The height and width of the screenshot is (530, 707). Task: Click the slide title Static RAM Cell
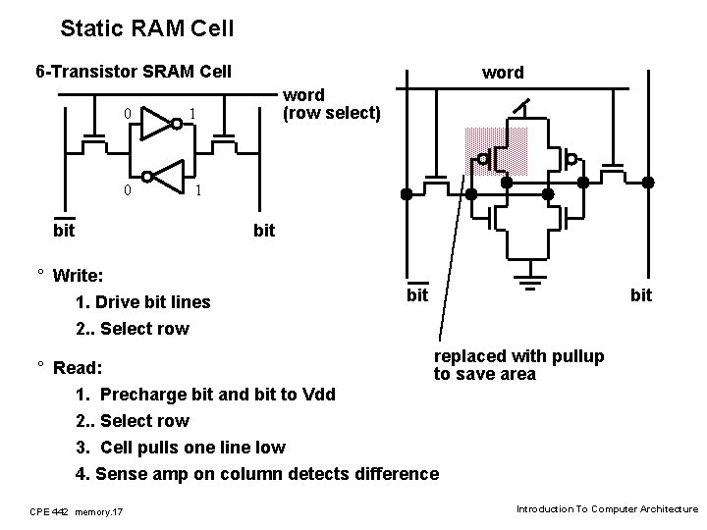click(146, 28)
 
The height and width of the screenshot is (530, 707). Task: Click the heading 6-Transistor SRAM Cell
click(134, 71)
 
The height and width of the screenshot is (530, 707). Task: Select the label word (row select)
click(331, 104)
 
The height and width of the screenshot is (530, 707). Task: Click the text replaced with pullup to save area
click(519, 364)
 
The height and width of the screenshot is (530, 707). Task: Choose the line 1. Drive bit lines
click(142, 301)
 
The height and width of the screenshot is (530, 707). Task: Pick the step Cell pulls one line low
click(181, 448)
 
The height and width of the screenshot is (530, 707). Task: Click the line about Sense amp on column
click(257, 474)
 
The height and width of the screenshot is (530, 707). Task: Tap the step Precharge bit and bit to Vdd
click(205, 395)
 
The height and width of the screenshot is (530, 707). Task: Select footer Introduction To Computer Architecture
click(606, 509)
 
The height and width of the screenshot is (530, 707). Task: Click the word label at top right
click(503, 72)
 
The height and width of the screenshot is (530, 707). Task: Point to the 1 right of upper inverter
click(192, 115)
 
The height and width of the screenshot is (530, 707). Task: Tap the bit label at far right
click(640, 294)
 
